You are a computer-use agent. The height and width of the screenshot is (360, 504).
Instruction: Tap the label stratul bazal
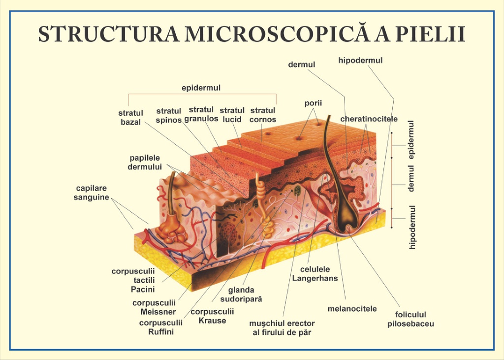pos(130,117)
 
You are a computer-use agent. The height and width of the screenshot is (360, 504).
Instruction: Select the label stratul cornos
pos(263,115)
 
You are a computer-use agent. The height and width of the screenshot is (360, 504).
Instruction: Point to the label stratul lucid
pos(232,115)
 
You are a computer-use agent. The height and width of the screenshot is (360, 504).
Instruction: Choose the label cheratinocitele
pos(369,119)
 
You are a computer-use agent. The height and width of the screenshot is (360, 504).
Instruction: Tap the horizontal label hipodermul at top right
pos(360,60)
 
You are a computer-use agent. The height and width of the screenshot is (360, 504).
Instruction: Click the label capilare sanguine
pos(92,193)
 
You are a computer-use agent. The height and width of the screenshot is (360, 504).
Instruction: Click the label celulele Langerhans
pos(315,273)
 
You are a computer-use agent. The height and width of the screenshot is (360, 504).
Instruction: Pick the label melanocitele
pos(352,308)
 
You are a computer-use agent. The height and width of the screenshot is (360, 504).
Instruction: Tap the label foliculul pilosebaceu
pos(410,319)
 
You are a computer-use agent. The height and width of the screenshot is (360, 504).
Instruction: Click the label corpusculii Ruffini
pos(161,327)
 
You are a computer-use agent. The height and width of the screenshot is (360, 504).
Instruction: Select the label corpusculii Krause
pos(212,316)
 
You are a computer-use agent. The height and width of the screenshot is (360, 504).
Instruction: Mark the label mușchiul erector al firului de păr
pos(282,327)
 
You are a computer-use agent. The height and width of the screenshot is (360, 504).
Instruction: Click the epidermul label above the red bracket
pos(201,88)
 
